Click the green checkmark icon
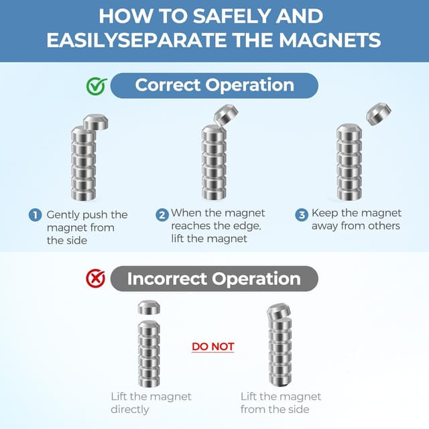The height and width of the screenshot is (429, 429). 97,86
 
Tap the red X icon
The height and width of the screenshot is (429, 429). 95,279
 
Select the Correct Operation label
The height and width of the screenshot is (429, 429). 214,85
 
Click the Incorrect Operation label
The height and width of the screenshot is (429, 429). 214,279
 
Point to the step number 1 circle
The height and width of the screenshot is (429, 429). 35,215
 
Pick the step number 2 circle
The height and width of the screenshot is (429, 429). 162,214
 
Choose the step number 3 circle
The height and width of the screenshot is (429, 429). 302,214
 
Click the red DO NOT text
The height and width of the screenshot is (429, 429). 213,347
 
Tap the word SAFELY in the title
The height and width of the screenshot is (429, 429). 231,16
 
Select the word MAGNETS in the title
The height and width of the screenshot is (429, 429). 330,40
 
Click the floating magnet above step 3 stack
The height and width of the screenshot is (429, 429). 379,114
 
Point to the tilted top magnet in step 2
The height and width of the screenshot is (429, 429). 226,116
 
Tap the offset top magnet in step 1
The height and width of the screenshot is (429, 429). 96,122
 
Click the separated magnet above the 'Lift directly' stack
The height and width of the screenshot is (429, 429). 149,308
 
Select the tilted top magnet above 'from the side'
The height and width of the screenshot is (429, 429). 279,311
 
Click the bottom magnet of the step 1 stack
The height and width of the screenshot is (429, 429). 83,194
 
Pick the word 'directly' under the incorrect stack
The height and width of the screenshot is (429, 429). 130,410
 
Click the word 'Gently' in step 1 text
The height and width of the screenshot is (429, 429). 62,215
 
